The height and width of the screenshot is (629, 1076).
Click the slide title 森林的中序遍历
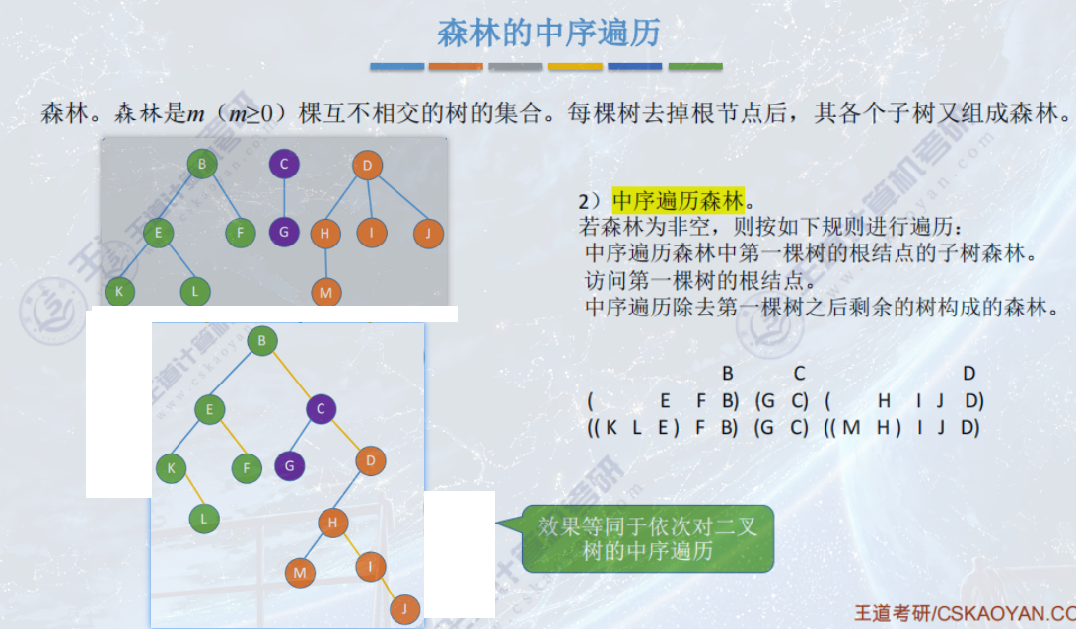click(548, 33)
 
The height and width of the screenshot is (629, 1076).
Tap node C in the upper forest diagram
click(284, 165)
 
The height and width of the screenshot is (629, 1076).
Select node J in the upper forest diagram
click(429, 234)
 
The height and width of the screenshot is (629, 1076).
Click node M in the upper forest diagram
click(325, 293)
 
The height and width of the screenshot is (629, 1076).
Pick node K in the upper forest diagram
click(119, 292)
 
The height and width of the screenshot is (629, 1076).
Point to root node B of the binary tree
click(262, 341)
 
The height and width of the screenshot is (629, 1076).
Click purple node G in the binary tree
click(290, 464)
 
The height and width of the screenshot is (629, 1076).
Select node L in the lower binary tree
click(205, 519)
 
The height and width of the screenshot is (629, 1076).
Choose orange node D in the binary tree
click(371, 460)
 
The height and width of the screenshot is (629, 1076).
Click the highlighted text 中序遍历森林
click(678, 201)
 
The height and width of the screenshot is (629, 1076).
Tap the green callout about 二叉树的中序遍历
click(647, 538)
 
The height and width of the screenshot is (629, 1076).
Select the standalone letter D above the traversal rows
click(968, 373)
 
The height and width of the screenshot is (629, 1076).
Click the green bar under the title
click(695, 67)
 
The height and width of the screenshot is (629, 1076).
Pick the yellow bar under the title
click(575, 67)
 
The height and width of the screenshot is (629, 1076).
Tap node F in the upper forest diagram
click(240, 234)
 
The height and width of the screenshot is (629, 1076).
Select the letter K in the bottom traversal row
click(611, 428)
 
